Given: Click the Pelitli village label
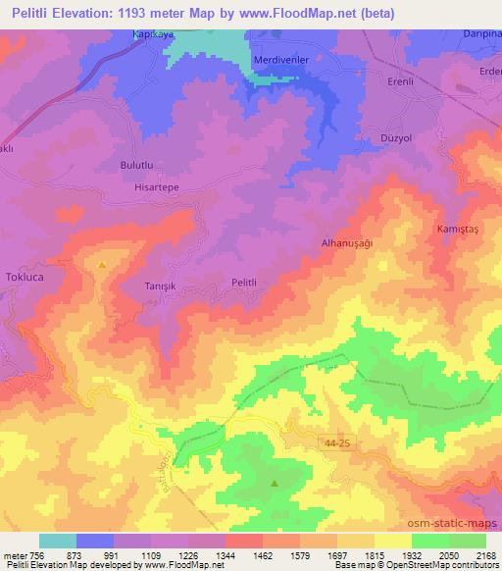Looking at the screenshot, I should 243,283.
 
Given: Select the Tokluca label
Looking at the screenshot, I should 25,278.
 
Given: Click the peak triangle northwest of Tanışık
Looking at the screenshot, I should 102,264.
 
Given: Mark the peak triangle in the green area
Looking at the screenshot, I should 274,483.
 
